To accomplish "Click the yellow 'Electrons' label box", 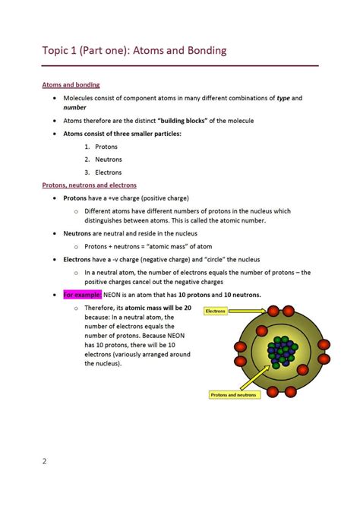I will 216,311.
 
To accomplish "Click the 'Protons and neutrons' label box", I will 234,394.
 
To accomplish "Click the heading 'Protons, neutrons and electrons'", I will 89,185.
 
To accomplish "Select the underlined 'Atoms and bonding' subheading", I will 71,84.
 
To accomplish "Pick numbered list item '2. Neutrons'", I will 103,160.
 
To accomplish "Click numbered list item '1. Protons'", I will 101,147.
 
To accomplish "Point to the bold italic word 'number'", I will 74,108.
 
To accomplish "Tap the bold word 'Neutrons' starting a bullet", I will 77,234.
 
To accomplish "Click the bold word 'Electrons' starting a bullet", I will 78,259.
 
